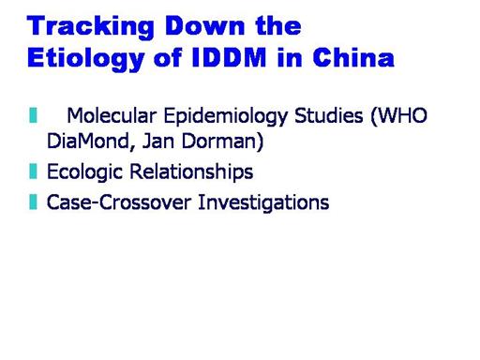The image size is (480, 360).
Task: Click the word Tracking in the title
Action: pos(91,27)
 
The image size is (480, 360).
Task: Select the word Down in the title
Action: pos(204,25)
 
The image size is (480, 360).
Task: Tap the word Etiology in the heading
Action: pos(85,59)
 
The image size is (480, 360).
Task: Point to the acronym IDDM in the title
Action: pos(229,57)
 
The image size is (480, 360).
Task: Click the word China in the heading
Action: pos(353,57)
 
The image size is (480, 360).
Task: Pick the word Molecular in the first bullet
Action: pos(112,115)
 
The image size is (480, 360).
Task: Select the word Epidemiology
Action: pos(226,117)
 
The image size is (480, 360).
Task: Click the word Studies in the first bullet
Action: pos(329,115)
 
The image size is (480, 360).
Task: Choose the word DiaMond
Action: pos(87,142)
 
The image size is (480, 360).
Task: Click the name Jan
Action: pos(157,142)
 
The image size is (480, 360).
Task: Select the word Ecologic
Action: pos(84,172)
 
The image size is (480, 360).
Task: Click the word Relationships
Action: pos(191,172)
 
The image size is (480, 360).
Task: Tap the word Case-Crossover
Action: pos(119,202)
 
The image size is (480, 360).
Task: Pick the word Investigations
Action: pos(263,203)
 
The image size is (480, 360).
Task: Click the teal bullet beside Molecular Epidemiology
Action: pos(33,115)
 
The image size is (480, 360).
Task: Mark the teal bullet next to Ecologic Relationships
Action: pos(33,172)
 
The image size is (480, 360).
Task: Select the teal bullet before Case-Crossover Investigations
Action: pos(33,202)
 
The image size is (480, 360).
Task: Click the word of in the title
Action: pos(168,57)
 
